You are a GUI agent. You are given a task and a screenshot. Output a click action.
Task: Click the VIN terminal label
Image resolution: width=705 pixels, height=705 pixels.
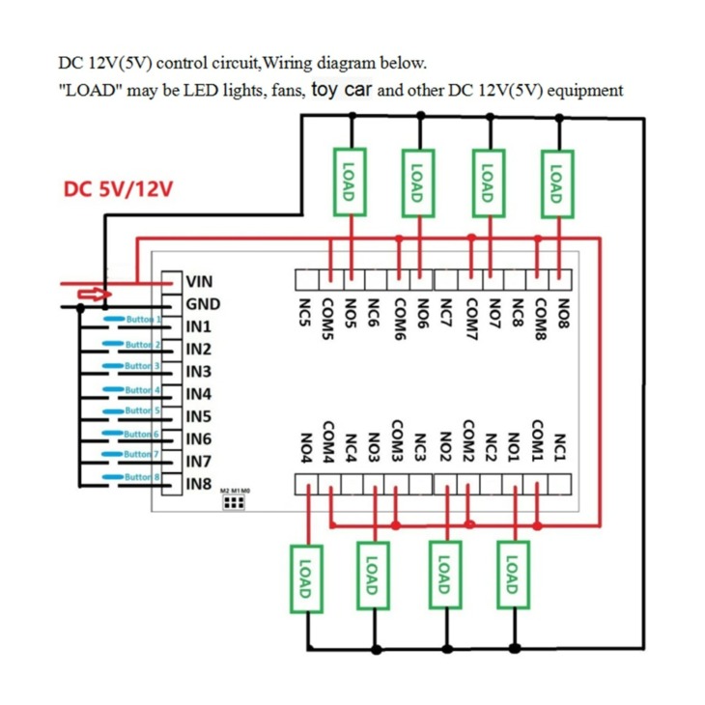(199, 282)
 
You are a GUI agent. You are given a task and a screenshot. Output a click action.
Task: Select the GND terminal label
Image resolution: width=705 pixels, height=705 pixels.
(203, 304)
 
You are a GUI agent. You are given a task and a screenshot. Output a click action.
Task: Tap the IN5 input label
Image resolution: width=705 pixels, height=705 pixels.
(199, 417)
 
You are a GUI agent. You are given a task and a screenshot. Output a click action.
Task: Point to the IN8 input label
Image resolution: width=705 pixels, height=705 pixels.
(199, 484)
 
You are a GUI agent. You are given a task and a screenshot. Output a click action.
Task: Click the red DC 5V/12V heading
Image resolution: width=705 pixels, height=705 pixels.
(118, 189)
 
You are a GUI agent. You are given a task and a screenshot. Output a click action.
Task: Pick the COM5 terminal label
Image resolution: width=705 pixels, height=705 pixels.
(327, 319)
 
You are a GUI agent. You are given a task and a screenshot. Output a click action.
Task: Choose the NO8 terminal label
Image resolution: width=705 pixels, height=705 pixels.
(563, 313)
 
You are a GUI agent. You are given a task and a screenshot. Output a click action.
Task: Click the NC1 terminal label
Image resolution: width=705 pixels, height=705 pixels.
(559, 447)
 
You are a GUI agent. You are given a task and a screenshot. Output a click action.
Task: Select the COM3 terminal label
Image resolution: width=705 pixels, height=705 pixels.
(396, 441)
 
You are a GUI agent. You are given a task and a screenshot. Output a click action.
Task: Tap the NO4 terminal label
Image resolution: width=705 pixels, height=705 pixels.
(306, 448)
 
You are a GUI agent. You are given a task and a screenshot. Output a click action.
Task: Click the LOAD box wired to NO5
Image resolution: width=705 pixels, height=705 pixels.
(350, 183)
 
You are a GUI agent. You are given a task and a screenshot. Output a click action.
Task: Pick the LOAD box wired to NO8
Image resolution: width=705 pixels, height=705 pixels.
(557, 183)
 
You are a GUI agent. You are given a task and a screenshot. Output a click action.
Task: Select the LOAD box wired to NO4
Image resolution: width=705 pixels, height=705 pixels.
(306, 579)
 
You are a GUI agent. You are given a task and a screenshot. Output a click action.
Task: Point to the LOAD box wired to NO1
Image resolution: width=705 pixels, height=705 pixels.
(513, 575)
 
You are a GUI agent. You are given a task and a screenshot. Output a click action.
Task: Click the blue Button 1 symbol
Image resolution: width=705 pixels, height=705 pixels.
(114, 319)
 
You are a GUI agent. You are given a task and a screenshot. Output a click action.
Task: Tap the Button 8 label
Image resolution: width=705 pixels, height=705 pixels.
(142, 476)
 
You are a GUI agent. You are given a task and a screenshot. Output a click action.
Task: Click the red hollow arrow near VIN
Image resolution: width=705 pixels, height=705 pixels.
(95, 295)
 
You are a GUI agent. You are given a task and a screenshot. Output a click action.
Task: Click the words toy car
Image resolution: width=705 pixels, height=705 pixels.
(342, 89)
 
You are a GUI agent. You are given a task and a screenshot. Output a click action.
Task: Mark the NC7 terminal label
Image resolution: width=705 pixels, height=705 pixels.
(445, 313)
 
